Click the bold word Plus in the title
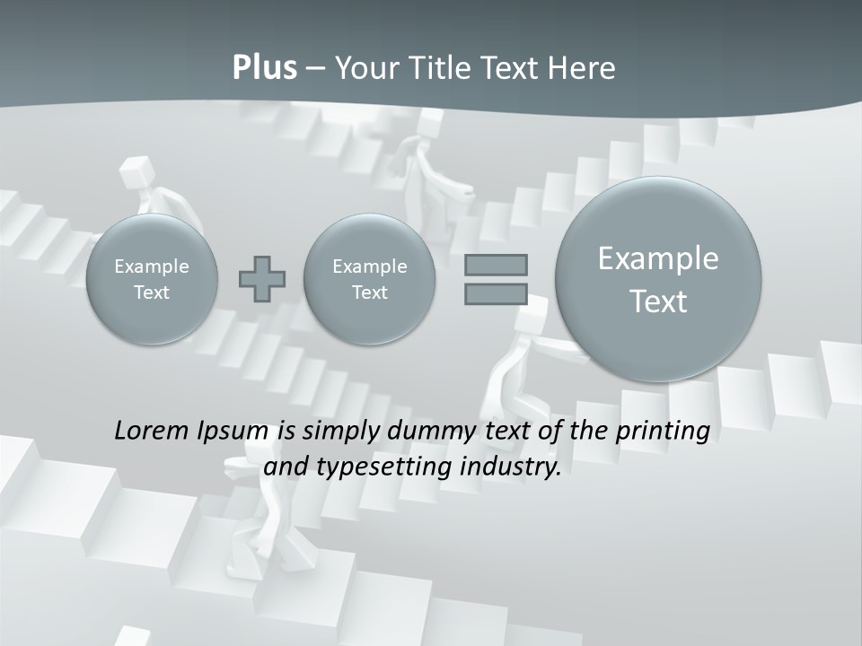tap(264, 68)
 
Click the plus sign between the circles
tap(262, 279)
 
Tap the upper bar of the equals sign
tap(496, 265)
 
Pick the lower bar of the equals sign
tap(496, 293)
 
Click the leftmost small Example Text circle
tap(152, 279)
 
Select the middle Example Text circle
tap(369, 279)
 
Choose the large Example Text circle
tap(658, 279)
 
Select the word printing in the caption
tap(662, 432)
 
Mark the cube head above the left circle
tap(136, 170)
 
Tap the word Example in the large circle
tap(658, 258)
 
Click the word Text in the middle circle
tap(369, 292)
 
